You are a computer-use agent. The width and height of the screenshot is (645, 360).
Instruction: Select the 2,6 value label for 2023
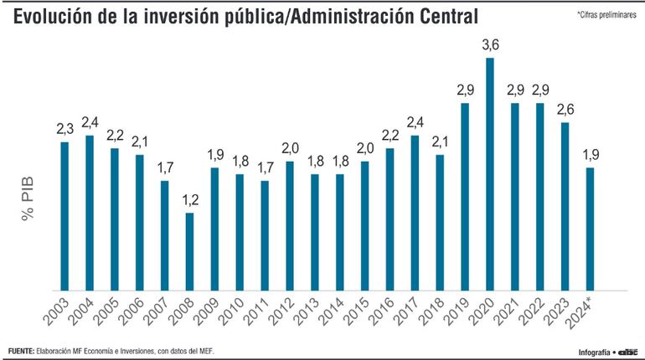click(565, 110)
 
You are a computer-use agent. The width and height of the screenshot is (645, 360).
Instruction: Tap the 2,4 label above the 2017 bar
click(415, 122)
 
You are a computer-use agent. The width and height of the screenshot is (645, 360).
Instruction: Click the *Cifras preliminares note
click(606, 16)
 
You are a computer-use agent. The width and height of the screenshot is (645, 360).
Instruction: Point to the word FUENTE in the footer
click(20, 350)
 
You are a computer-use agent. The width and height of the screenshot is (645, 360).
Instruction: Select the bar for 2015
click(365, 225)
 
